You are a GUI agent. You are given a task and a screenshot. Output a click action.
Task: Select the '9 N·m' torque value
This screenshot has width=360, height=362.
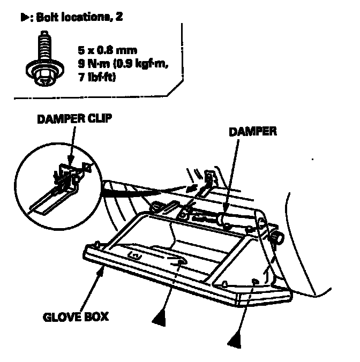click(94, 66)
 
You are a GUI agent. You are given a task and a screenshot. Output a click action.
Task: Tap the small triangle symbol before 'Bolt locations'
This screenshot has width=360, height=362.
click(24, 18)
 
